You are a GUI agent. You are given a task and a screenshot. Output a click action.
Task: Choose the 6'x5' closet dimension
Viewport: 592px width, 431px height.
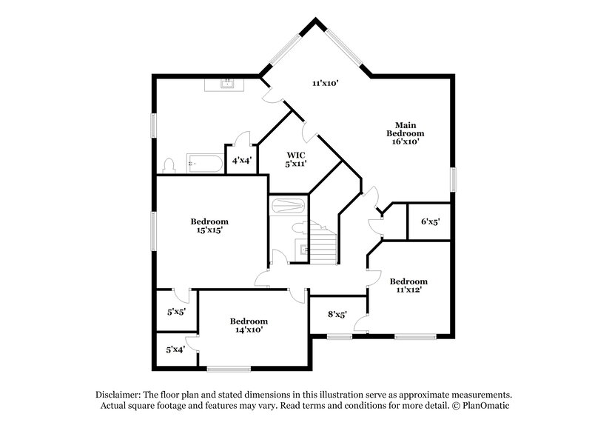431,221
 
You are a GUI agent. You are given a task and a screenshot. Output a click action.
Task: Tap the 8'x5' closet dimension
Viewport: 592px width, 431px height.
337,313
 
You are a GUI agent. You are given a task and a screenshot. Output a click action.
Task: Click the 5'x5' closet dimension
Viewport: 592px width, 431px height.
175,313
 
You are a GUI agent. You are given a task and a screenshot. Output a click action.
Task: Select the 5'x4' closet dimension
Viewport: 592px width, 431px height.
175,350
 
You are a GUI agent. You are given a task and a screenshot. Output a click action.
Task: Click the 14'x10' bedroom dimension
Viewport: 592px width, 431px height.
248,330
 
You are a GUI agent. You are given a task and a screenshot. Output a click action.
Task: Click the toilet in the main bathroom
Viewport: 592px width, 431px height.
169,164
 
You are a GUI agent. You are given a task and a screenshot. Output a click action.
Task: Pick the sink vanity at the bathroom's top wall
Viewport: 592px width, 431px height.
224,83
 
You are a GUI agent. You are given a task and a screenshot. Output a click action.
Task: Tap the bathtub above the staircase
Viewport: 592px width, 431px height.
287,204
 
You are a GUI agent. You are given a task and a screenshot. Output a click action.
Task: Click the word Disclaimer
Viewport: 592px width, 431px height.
118,395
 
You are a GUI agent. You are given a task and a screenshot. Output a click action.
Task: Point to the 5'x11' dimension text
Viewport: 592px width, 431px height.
297,164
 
